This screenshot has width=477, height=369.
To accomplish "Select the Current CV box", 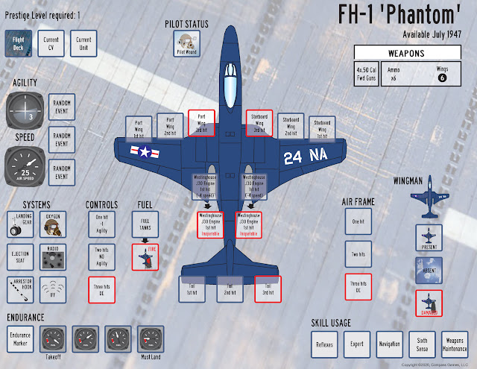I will tap(52, 44).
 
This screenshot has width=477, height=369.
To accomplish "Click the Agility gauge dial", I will tap(25, 112).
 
